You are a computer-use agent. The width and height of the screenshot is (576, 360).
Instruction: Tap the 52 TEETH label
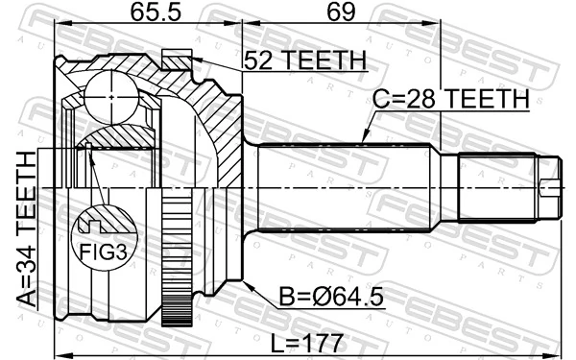pyautogui.click(x=304, y=60)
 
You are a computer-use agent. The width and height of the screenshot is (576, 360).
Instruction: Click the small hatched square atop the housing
pyautogui.click(x=175, y=60)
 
